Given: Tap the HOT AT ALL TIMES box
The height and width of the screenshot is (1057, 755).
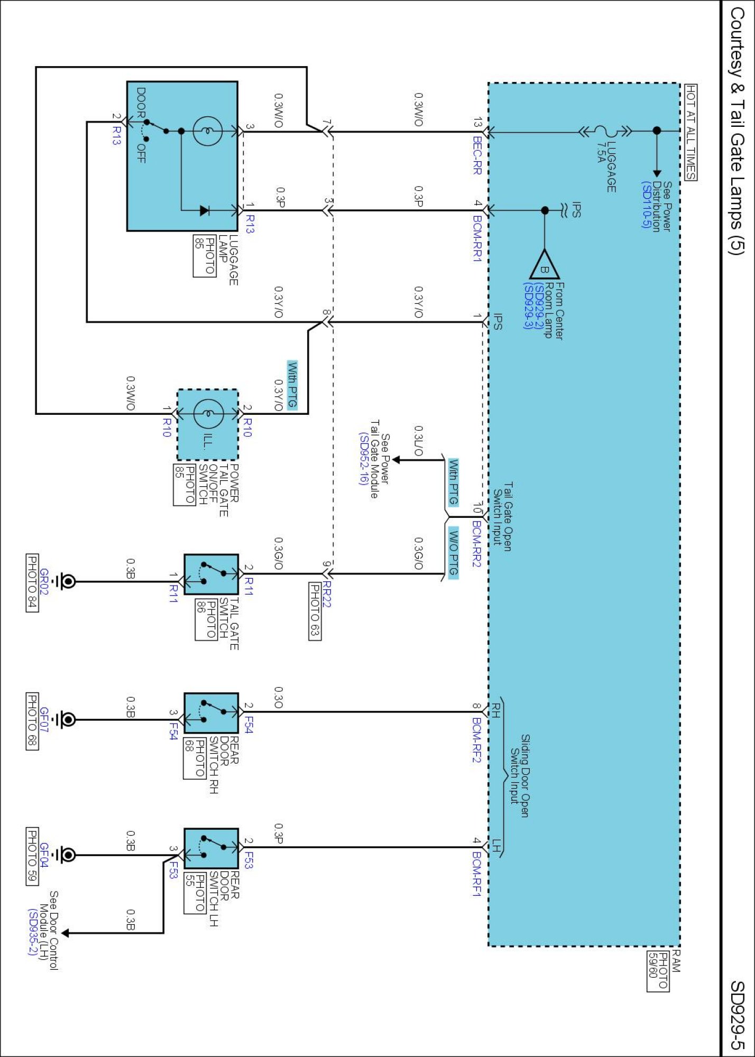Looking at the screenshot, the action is coord(690,132).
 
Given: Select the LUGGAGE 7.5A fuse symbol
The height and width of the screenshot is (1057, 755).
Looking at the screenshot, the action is coord(603,131).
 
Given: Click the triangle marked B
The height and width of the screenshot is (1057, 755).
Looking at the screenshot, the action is coord(545,265).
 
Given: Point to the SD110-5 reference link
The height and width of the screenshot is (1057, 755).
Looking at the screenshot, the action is coord(646,205).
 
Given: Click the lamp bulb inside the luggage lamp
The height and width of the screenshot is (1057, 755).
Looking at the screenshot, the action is coord(208,131).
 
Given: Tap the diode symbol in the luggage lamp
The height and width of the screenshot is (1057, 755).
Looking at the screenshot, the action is coord(205,210).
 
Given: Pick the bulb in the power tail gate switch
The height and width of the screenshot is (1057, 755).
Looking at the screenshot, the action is coord(209,414).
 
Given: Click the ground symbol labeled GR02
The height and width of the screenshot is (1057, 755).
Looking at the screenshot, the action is coord(67,581).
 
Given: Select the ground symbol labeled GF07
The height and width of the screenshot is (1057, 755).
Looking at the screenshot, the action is coord(67,720).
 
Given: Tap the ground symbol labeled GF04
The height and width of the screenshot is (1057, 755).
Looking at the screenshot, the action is coord(67,855).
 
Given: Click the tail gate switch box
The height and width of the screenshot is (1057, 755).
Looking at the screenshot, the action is coord(211,574).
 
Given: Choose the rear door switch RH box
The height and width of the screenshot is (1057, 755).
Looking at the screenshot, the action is coord(211,713).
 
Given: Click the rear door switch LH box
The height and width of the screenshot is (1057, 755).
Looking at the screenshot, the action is coord(211,848).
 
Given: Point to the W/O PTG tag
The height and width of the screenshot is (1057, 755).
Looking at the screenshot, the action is coord(453,553).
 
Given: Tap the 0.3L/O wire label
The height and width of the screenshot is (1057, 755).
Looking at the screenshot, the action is coord(418,441).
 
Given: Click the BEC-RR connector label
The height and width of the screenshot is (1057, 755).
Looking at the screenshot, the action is coord(477,156).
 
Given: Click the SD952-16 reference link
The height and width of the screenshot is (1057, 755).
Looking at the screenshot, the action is coord(363,459).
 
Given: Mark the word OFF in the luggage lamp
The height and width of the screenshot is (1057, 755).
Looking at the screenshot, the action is coord(141,153).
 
